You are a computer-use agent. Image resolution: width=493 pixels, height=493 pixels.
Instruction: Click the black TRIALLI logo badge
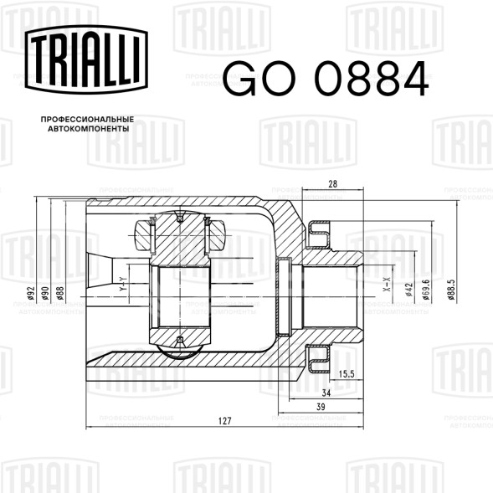(x=86, y=59)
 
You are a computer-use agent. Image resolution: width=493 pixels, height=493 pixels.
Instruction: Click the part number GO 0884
(x=326, y=79)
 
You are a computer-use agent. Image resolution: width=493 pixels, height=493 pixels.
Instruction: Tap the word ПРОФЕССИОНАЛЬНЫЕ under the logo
(x=87, y=120)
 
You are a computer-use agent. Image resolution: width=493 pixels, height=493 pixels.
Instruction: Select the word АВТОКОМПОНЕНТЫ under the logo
(x=89, y=129)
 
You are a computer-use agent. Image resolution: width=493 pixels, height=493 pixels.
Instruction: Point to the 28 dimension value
(x=332, y=184)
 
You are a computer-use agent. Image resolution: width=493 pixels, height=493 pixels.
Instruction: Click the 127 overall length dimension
(x=225, y=421)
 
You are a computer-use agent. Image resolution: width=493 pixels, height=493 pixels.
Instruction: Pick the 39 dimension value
(x=321, y=407)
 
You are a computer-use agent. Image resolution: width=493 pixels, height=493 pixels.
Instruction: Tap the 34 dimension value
(x=326, y=393)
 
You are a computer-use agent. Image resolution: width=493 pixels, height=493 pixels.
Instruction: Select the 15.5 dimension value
(x=347, y=374)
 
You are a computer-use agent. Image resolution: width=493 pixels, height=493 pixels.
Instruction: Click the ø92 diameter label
(x=30, y=293)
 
